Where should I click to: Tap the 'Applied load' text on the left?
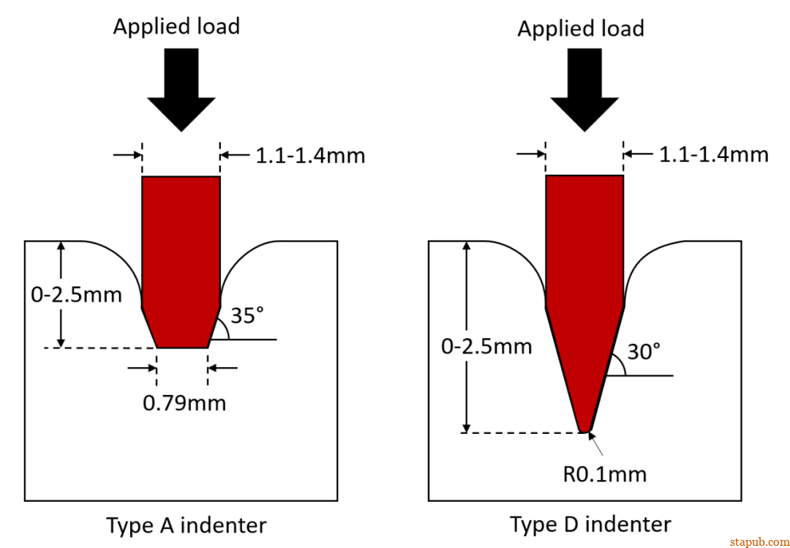[176, 27]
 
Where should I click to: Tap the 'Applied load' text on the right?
[581, 29]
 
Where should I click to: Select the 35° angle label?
[247, 316]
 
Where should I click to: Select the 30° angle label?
[644, 352]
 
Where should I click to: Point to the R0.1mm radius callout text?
[604, 474]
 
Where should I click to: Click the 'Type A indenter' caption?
[187, 525]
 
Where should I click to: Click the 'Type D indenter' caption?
[590, 524]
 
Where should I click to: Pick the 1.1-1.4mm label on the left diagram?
[309, 155]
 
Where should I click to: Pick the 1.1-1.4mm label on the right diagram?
[713, 155]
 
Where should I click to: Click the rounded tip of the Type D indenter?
[584, 429]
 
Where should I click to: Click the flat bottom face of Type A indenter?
[182, 346]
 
